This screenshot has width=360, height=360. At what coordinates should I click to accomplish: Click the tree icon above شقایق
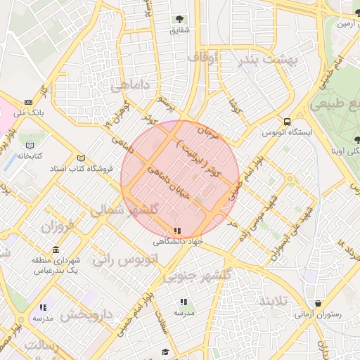(x=179, y=19)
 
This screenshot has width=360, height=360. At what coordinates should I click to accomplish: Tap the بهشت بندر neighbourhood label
(x=271, y=60)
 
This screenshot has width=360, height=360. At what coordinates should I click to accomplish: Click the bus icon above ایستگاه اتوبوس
(x=287, y=120)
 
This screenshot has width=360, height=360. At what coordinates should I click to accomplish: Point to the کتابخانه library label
(x=30, y=155)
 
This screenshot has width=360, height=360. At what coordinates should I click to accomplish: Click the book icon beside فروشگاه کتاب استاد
(x=82, y=157)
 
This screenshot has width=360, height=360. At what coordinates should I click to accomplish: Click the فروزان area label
(x=58, y=227)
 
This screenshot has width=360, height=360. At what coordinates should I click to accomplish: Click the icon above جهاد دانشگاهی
(x=177, y=231)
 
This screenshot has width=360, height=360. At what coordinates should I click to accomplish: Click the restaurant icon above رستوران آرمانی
(x=319, y=304)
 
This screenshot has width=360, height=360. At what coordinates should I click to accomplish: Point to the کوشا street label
(x=235, y=108)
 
